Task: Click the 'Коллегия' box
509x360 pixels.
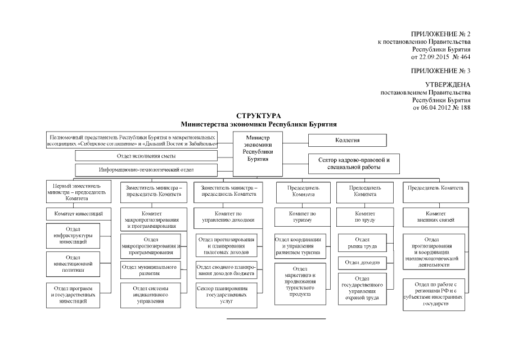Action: tap(347, 140)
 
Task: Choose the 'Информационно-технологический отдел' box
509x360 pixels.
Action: tap(146, 169)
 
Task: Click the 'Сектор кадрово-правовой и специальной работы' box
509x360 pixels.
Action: tap(353, 163)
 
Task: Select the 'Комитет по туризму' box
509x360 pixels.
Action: tap(303, 217)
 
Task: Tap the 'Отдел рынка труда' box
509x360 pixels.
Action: tap(362, 244)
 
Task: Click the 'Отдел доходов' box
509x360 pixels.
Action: tap(362, 263)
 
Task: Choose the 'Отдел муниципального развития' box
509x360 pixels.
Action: tap(149, 270)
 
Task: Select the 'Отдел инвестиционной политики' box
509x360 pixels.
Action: tap(73, 263)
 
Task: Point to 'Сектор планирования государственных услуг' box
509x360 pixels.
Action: tap(226, 294)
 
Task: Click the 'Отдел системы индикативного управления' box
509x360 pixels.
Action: tap(149, 295)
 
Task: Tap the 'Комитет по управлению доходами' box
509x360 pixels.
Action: tap(226, 217)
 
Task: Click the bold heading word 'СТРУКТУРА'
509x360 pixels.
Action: tap(259, 116)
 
